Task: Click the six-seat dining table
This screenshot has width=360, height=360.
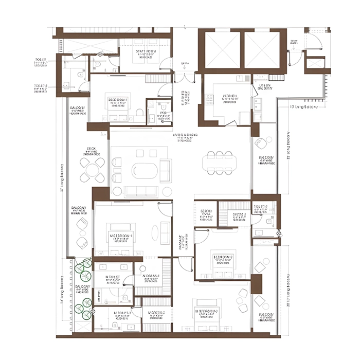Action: tap(220, 163)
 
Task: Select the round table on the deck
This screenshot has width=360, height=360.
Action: tap(93, 169)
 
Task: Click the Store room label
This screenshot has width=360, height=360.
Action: tap(206, 213)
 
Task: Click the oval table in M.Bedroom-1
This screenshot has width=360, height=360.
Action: tap(165, 232)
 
